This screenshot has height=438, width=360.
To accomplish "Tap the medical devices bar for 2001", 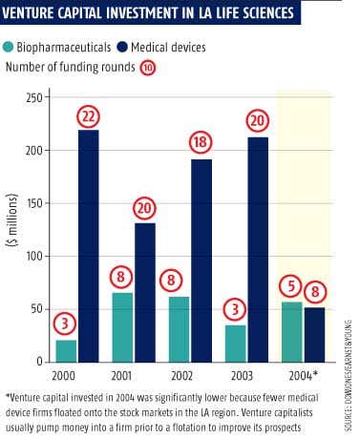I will coord(145,293).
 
